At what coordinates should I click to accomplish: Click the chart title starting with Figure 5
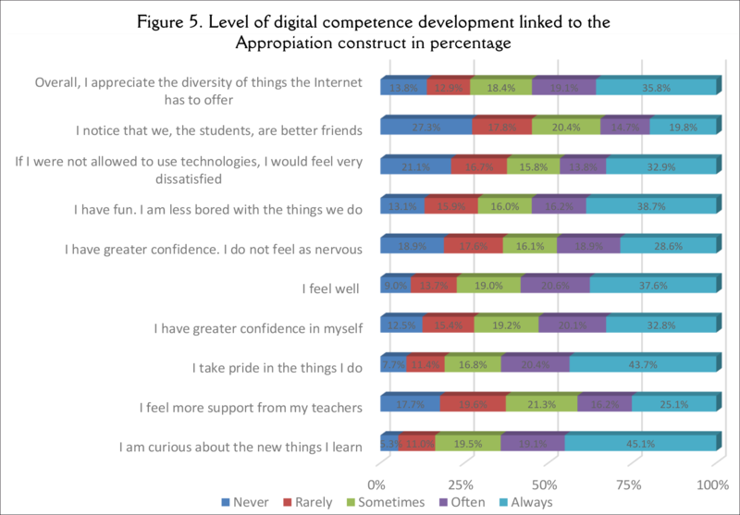(x=369, y=32)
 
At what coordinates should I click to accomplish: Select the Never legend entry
(x=242, y=502)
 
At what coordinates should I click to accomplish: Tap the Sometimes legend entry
(x=388, y=502)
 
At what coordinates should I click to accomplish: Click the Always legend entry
(x=527, y=502)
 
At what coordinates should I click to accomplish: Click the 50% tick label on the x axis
(x=545, y=484)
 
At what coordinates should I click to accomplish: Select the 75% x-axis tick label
(x=629, y=484)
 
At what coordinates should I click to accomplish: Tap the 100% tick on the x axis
(x=712, y=484)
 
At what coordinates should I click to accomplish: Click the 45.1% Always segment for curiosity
(x=640, y=443)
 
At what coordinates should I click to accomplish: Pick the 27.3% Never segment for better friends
(x=425, y=127)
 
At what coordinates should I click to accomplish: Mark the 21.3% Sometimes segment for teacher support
(x=541, y=403)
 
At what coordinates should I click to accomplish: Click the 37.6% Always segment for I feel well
(x=652, y=285)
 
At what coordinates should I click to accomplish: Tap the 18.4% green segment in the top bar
(x=500, y=87)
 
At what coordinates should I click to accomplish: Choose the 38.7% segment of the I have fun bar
(x=650, y=205)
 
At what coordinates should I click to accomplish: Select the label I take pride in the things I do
(x=277, y=368)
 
